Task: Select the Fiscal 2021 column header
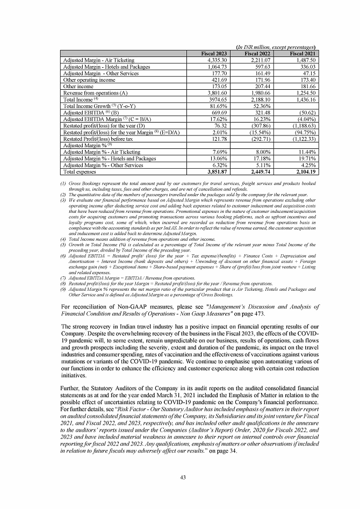click(x=303, y=54)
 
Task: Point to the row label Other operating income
click(x=89, y=80)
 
